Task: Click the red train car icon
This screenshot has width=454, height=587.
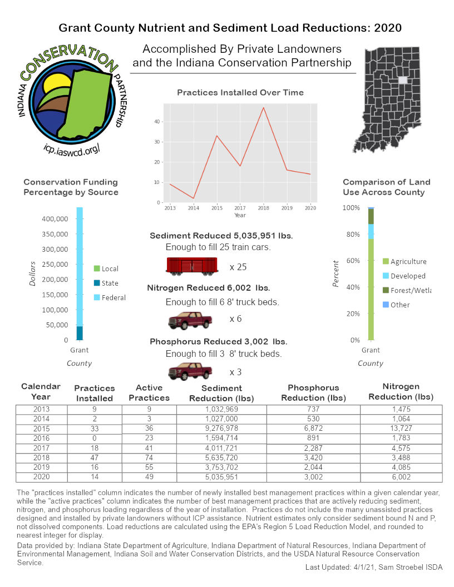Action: coord(191,266)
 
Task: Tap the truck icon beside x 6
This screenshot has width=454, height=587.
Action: coord(190,321)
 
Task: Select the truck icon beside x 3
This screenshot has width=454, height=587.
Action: coord(190,371)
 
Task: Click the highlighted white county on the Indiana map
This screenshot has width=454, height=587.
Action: coord(403,80)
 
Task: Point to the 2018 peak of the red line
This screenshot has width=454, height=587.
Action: coord(263,107)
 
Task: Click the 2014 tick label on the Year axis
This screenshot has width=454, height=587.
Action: coord(193,208)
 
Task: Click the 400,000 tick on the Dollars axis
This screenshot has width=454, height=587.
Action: coord(55,218)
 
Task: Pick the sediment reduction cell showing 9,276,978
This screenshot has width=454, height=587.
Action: coord(221,429)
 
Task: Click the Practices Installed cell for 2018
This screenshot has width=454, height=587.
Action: coord(94,459)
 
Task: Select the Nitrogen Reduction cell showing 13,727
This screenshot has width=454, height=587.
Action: coord(401,429)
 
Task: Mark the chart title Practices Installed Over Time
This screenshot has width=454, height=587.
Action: coord(240,92)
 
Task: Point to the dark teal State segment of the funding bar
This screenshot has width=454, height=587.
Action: coord(80,332)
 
